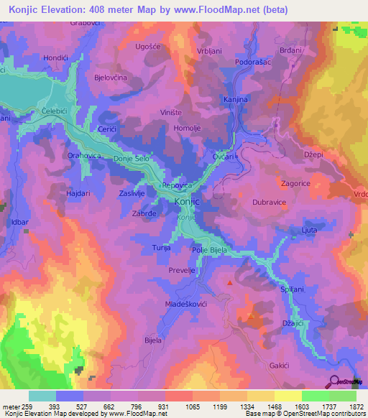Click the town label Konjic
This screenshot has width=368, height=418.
point(186,203)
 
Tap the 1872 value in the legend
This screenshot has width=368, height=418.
point(356,407)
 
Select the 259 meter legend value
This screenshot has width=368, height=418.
point(23,407)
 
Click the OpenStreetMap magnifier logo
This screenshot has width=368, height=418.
point(335,381)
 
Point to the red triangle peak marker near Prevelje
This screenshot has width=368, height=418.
point(230,283)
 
